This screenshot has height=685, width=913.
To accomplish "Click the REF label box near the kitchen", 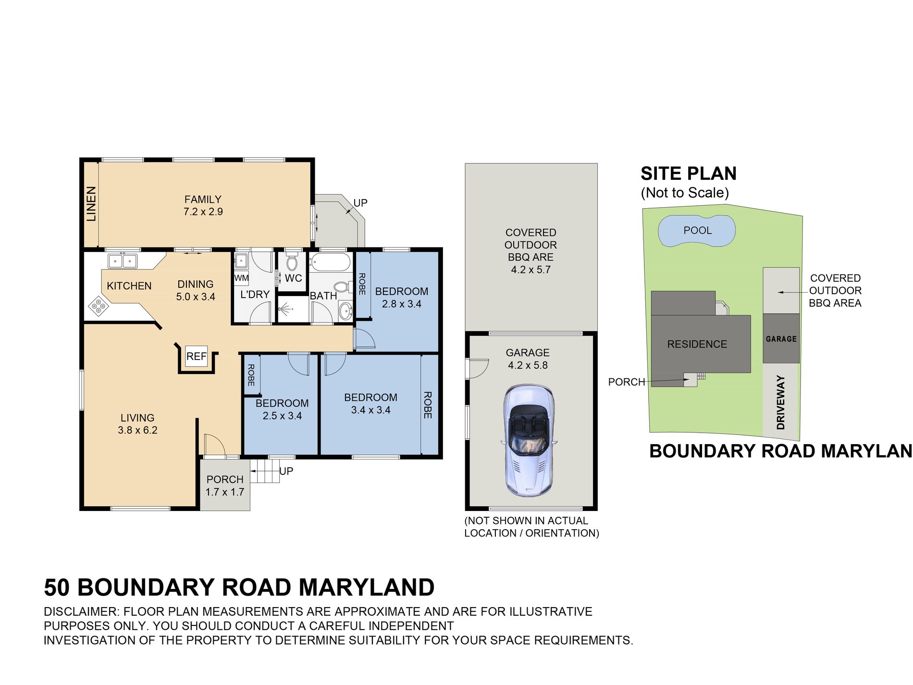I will coord(196,356).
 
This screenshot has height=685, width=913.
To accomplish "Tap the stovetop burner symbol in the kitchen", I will coord(98,306).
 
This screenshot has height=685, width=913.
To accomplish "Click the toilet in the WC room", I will coord(292,262).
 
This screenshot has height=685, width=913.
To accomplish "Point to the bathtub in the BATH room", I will coord(331,262).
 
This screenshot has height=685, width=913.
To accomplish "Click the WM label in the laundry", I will coord(241,278).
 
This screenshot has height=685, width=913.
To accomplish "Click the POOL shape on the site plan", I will coord(697,231).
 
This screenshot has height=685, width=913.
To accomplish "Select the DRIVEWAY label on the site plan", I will coord(781,402).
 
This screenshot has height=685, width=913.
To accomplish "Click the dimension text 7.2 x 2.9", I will coord(203,212).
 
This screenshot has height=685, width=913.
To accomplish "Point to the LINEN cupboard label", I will coord(91,204).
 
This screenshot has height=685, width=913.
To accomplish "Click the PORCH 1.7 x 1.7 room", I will coord(225,486).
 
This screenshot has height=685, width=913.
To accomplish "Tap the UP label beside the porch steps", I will coord(286,471).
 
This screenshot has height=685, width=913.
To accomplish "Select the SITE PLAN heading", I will coord(688,174).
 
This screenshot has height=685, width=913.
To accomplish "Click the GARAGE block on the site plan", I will coord(781,339).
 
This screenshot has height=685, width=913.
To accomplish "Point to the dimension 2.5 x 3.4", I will coord(282,416).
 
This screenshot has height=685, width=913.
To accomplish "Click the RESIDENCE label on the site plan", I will coord(697,344).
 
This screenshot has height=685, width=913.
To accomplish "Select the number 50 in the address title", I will coord(57,587).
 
